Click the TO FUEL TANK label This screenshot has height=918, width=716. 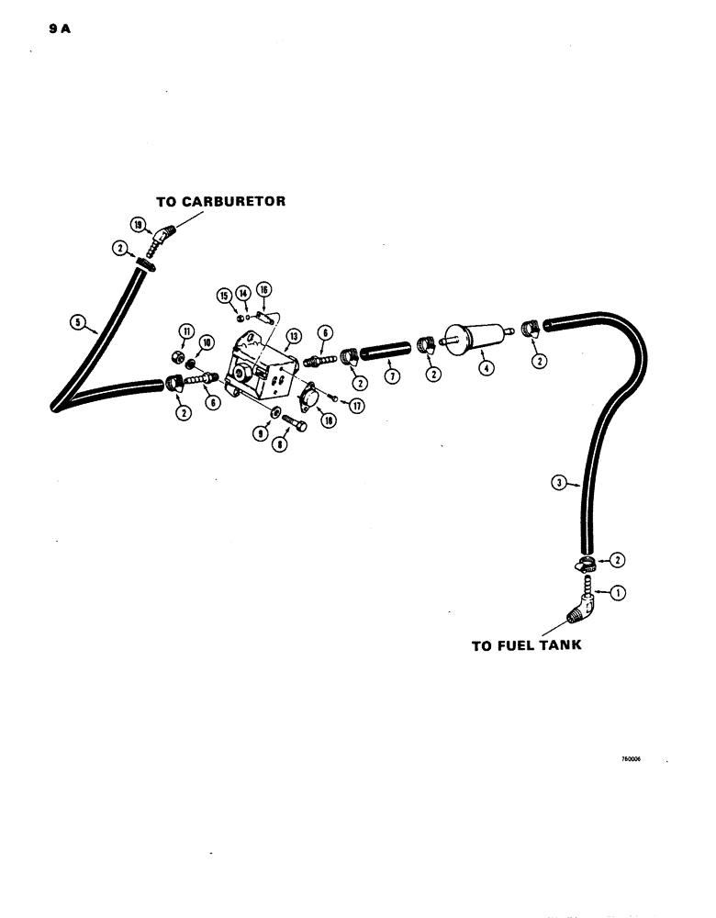coord(527,645)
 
